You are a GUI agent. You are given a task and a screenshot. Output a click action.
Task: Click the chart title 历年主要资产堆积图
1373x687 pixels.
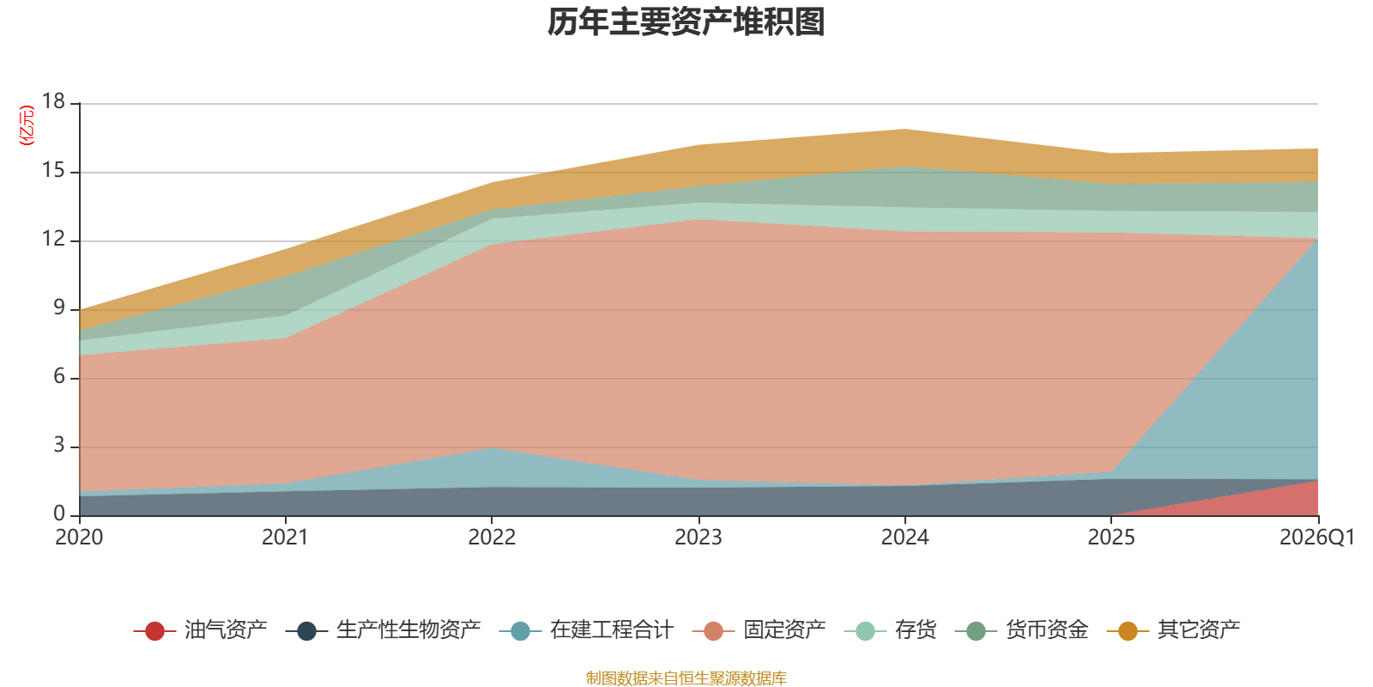(x=686, y=22)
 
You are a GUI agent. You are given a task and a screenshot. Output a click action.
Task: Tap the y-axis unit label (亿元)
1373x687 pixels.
(x=27, y=125)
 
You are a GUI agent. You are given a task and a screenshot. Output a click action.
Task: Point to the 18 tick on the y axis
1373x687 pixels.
(x=53, y=102)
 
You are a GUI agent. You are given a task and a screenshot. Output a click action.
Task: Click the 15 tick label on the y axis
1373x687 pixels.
(x=53, y=171)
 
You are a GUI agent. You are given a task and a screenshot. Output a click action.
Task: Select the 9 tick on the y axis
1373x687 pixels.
(x=58, y=307)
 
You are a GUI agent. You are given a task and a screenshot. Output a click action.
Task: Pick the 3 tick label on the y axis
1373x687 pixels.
(x=58, y=445)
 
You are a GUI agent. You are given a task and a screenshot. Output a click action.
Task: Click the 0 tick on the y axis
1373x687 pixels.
(x=58, y=514)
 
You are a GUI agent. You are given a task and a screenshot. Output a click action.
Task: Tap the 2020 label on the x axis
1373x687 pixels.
(x=79, y=538)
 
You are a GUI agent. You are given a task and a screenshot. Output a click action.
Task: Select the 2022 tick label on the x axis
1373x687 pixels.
(x=492, y=538)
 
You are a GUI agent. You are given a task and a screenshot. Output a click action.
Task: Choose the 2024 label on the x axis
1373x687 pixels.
(x=904, y=538)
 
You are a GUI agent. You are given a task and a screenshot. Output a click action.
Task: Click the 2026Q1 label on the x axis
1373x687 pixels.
(x=1316, y=538)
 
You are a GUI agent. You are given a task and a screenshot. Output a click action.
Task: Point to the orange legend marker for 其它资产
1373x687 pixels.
(x=1128, y=631)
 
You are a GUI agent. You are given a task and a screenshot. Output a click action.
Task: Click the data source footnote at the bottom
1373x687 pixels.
(x=686, y=678)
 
